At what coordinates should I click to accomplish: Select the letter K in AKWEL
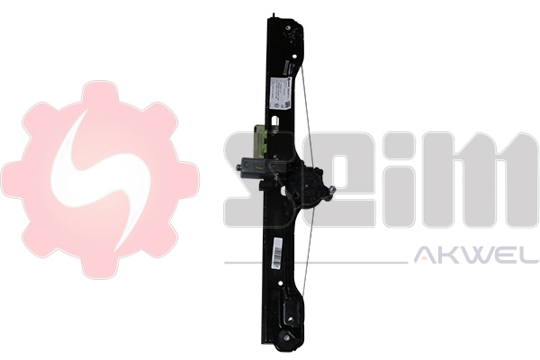pos(446,259)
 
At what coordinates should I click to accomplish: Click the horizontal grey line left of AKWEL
pos(315,263)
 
